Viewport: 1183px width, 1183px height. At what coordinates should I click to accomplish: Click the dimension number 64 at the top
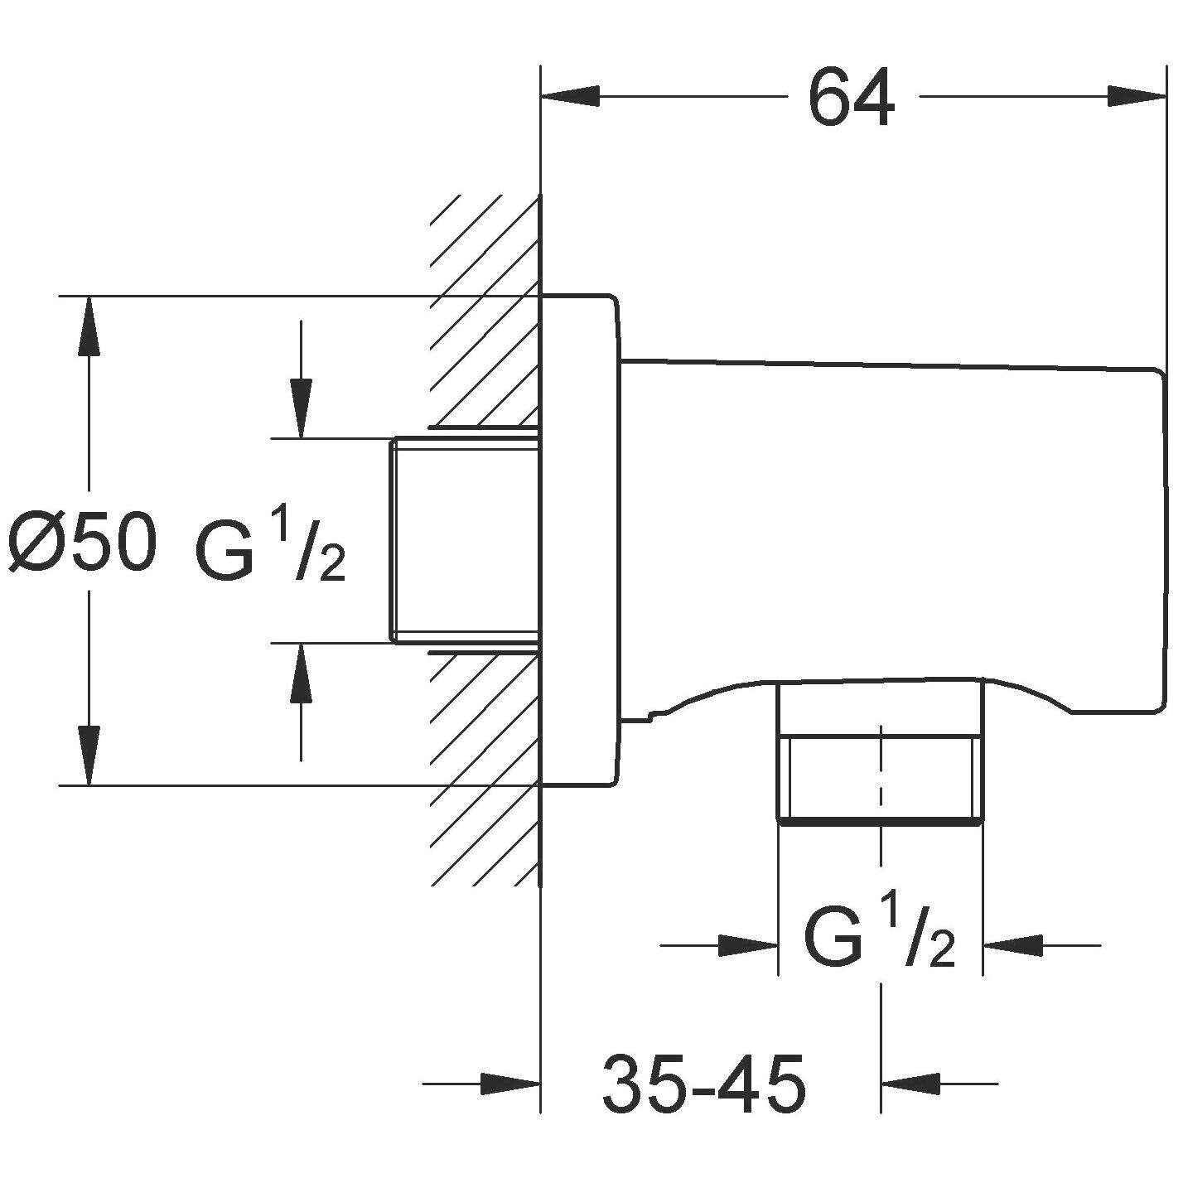(x=852, y=98)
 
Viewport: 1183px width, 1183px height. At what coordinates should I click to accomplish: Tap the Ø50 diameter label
(x=83, y=543)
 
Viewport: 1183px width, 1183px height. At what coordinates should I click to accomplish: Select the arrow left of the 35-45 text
(x=509, y=1082)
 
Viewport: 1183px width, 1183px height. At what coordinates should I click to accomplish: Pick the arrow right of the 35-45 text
(x=911, y=1082)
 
